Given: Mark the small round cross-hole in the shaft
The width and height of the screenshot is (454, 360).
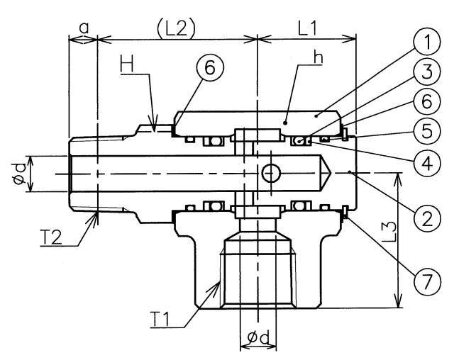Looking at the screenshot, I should (x=270, y=171).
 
